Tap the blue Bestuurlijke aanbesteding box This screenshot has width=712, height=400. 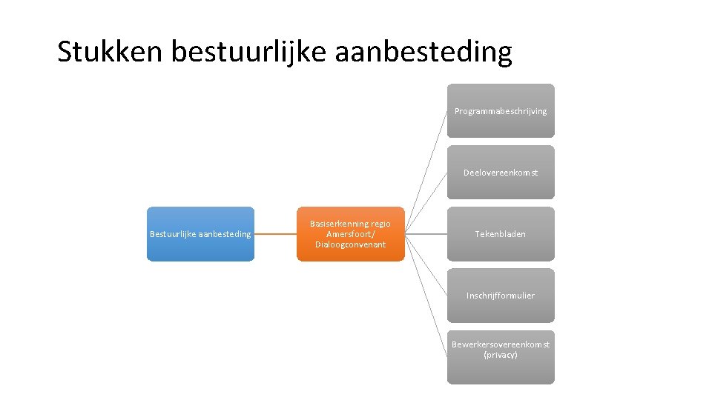pos(200,234)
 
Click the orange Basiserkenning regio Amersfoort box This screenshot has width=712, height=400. pos(351,234)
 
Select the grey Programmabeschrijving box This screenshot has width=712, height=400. pos(501,111)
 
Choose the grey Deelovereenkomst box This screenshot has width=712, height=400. pos(501,173)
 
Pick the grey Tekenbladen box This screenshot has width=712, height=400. pos(501,234)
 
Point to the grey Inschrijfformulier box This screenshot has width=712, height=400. pos(501,296)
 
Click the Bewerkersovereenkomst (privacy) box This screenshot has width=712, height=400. pos(501,357)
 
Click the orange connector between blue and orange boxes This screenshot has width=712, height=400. pos(275,234)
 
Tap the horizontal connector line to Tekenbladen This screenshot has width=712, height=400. pos(426,234)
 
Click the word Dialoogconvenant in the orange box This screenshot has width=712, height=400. pos(350,245)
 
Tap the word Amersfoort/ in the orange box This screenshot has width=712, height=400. pos(351,234)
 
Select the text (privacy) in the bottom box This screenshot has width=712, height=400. pos(501,356)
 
